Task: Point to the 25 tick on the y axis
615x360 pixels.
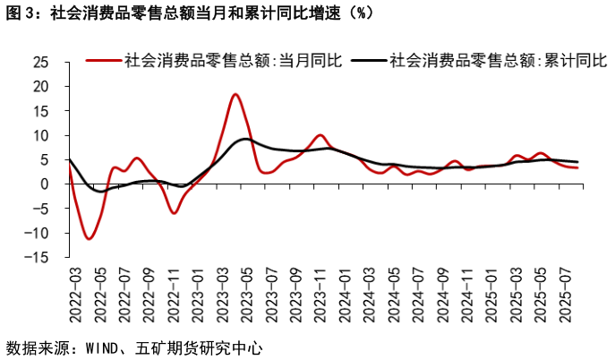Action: (40, 63)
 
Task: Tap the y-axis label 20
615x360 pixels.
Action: (40, 87)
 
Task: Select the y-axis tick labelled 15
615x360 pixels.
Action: (40, 111)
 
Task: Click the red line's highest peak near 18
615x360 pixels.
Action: (235, 94)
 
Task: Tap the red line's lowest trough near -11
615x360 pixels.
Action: (89, 239)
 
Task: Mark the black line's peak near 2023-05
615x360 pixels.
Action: (244, 139)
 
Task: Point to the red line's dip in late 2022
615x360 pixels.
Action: (174, 212)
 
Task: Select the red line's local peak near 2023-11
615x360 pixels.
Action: (320, 135)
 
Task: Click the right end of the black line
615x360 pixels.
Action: (577, 162)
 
